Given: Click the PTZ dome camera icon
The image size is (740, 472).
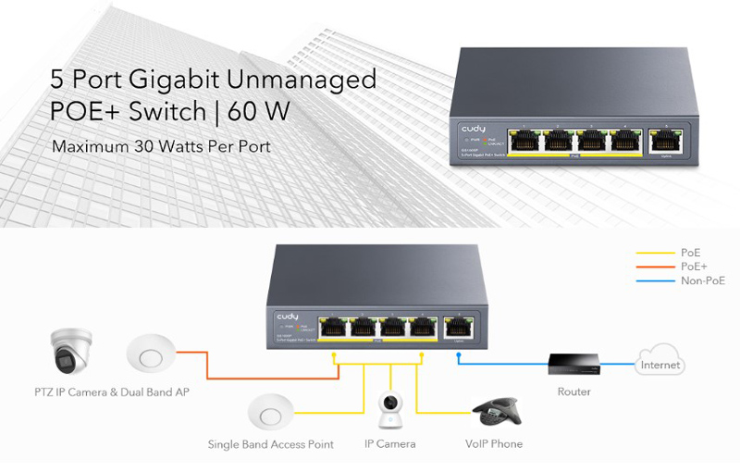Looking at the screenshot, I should coord(68,353).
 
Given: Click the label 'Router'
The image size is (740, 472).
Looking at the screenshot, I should coord(573,392).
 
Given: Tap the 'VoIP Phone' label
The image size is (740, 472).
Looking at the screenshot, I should coord(493,444).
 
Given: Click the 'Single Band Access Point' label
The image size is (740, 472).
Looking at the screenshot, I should coord(270,444).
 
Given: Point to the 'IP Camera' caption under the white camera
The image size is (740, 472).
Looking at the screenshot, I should coord(389,444).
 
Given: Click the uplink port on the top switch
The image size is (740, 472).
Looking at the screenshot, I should coord(662,141).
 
